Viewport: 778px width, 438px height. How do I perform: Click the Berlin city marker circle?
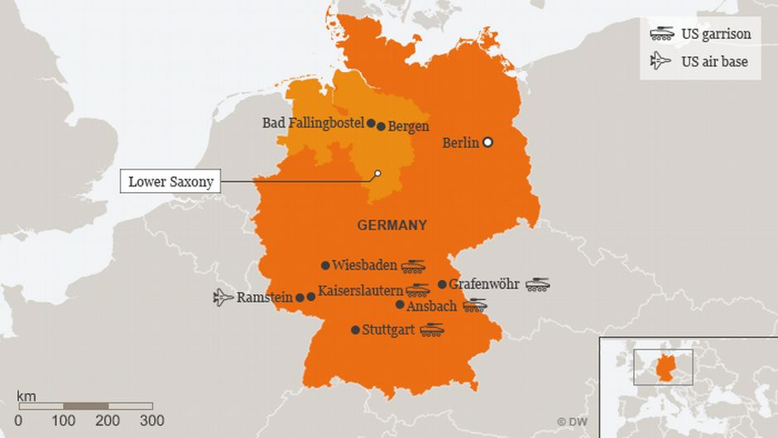pyautogui.click(x=487, y=142)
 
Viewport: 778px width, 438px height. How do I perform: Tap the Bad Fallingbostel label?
pyautogui.click(x=314, y=123)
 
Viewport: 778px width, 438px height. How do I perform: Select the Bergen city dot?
pyautogui.click(x=381, y=127)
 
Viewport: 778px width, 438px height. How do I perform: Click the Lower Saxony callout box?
pyautogui.click(x=170, y=181)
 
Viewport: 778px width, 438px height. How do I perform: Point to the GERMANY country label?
pyautogui.click(x=391, y=225)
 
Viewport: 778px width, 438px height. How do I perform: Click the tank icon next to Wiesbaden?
pyautogui.click(x=413, y=266)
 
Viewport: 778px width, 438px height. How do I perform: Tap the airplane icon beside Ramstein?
pyautogui.click(x=223, y=296)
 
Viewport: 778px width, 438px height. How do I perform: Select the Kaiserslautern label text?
pyautogui.click(x=360, y=291)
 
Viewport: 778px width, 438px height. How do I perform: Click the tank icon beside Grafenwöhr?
pyautogui.click(x=537, y=284)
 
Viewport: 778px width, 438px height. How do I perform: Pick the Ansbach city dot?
pyautogui.click(x=400, y=305)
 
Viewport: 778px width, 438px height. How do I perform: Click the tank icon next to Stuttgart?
pyautogui.click(x=431, y=330)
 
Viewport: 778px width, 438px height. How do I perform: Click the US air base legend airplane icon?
pyautogui.click(x=660, y=60)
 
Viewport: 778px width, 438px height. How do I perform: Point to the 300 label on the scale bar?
pyautogui.click(x=151, y=421)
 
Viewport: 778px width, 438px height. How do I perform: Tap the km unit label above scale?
pyautogui.click(x=26, y=395)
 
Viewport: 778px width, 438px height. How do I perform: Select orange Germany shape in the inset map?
pyautogui.click(x=663, y=368)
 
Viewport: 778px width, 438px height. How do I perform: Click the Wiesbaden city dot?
pyautogui.click(x=325, y=266)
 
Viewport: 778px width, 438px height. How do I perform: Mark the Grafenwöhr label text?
pyautogui.click(x=483, y=284)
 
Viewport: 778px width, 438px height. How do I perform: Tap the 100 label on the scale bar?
pyautogui.click(x=64, y=421)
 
